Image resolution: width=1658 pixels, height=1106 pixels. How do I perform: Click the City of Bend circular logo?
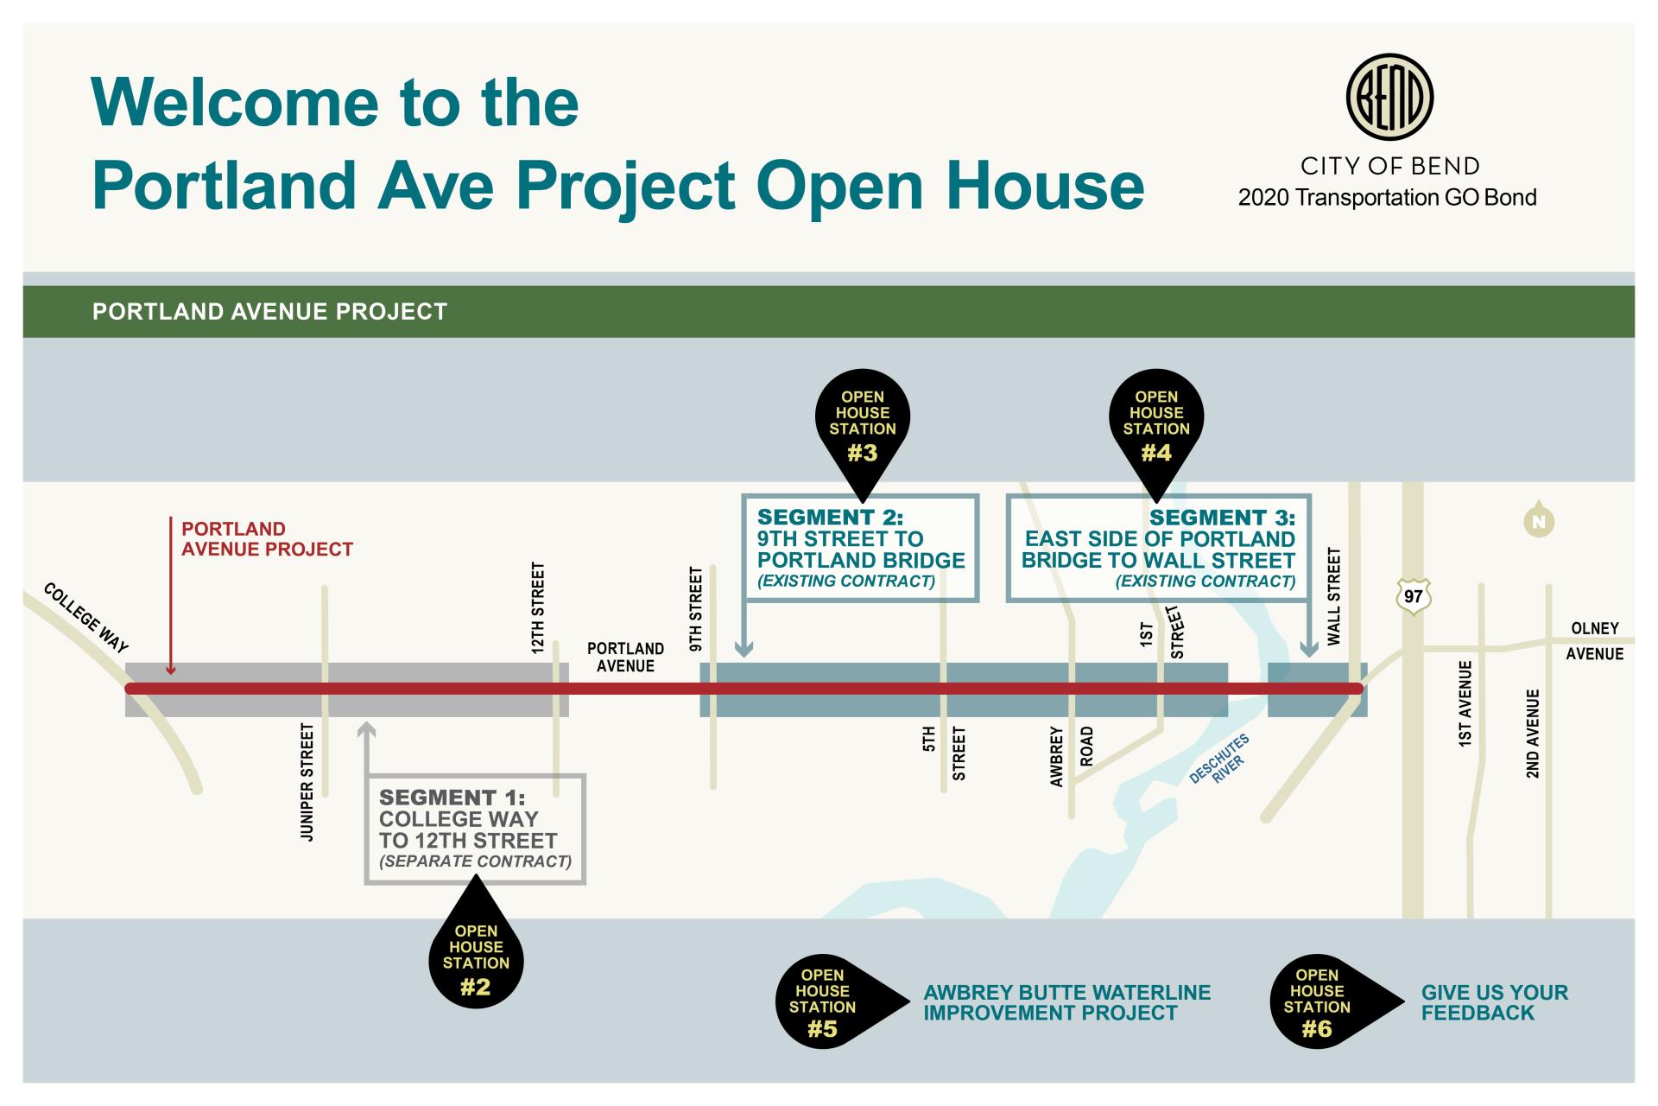[x=1389, y=96]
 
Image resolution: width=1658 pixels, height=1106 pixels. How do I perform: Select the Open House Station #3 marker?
[x=863, y=423]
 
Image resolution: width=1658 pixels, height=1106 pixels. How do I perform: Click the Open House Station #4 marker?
[x=1156, y=423]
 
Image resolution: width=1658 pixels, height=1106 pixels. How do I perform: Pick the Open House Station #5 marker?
[x=823, y=1002]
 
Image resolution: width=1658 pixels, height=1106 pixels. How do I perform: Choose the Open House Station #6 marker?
[x=1318, y=1002]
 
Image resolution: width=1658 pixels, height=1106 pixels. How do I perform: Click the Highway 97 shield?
[x=1414, y=597]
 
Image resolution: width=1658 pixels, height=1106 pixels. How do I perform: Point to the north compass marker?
[x=1539, y=521]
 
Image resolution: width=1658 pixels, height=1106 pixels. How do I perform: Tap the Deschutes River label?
[x=1219, y=760]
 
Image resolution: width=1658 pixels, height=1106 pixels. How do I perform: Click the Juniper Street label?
[x=307, y=782]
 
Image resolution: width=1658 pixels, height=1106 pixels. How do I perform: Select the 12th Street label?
[x=538, y=607]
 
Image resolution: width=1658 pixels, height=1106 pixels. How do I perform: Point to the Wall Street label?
[x=1334, y=596]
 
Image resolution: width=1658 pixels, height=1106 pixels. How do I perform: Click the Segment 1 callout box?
[x=475, y=829]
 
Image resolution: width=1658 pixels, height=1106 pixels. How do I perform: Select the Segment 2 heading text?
[x=830, y=518]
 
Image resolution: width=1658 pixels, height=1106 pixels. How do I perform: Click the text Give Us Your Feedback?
[x=1495, y=1002]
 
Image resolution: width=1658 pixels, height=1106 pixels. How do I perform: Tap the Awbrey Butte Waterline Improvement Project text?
[x=1066, y=1002]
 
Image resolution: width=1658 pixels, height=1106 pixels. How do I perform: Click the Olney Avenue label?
[x=1594, y=640]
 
